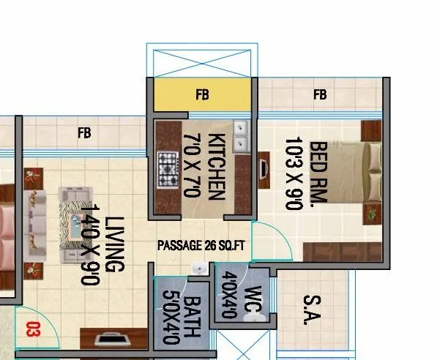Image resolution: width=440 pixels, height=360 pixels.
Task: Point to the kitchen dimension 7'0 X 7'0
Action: (192, 166)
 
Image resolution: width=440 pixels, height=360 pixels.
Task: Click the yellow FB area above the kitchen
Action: (203, 94)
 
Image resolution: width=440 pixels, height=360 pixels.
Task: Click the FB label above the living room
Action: (85, 132)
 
